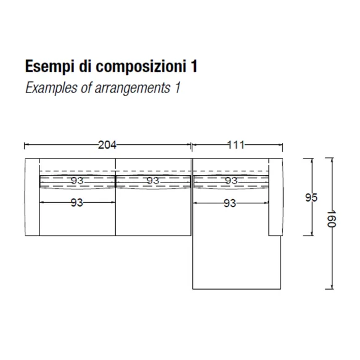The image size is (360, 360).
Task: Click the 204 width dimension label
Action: tap(107, 145)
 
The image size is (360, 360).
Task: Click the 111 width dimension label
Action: tap(236, 145)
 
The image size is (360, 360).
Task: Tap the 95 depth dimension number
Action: tap(311, 197)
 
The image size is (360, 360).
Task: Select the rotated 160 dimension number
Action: tap(331, 219)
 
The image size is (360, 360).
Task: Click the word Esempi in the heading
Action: tap(50, 67)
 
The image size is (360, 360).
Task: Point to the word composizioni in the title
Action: tap(141, 67)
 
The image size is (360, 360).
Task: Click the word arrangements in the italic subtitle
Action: tap(133, 88)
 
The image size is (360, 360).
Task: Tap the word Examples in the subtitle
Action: tap(51, 88)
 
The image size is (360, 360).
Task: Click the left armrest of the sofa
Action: tap(32, 197)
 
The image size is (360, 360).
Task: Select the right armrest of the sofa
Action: tap(276, 197)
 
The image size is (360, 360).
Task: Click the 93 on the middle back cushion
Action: tap(153, 181)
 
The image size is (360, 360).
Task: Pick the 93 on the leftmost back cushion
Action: tap(77, 181)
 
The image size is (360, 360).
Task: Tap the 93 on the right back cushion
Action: tap(231, 181)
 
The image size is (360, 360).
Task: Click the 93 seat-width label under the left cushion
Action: tap(76, 203)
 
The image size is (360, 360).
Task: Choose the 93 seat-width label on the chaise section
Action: tap(230, 203)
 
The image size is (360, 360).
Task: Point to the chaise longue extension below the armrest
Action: tap(237, 263)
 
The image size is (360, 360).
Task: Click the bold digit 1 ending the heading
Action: tap(194, 67)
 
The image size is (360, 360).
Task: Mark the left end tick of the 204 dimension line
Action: tap(25, 145)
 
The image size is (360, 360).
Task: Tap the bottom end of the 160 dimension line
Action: tap(332, 289)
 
